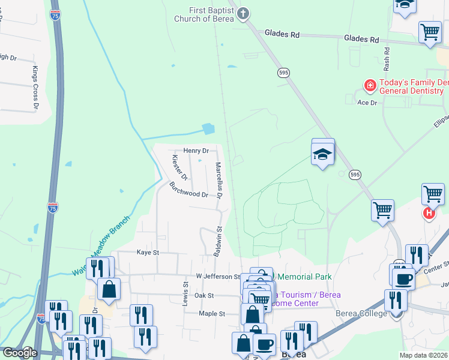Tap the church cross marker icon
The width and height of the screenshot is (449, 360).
[x=243, y=13]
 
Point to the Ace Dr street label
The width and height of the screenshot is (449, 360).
[x=366, y=103]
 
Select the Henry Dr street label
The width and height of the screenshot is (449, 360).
[x=196, y=151]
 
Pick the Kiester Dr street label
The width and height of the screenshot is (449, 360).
[x=179, y=168]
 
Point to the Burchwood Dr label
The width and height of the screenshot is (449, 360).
[x=188, y=190]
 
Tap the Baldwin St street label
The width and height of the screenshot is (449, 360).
[x=218, y=241]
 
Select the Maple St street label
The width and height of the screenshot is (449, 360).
[x=211, y=314]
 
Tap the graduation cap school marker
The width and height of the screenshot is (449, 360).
[x=323, y=154]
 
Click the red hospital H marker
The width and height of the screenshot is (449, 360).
[x=429, y=213]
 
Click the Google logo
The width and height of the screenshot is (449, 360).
[x=20, y=353]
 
